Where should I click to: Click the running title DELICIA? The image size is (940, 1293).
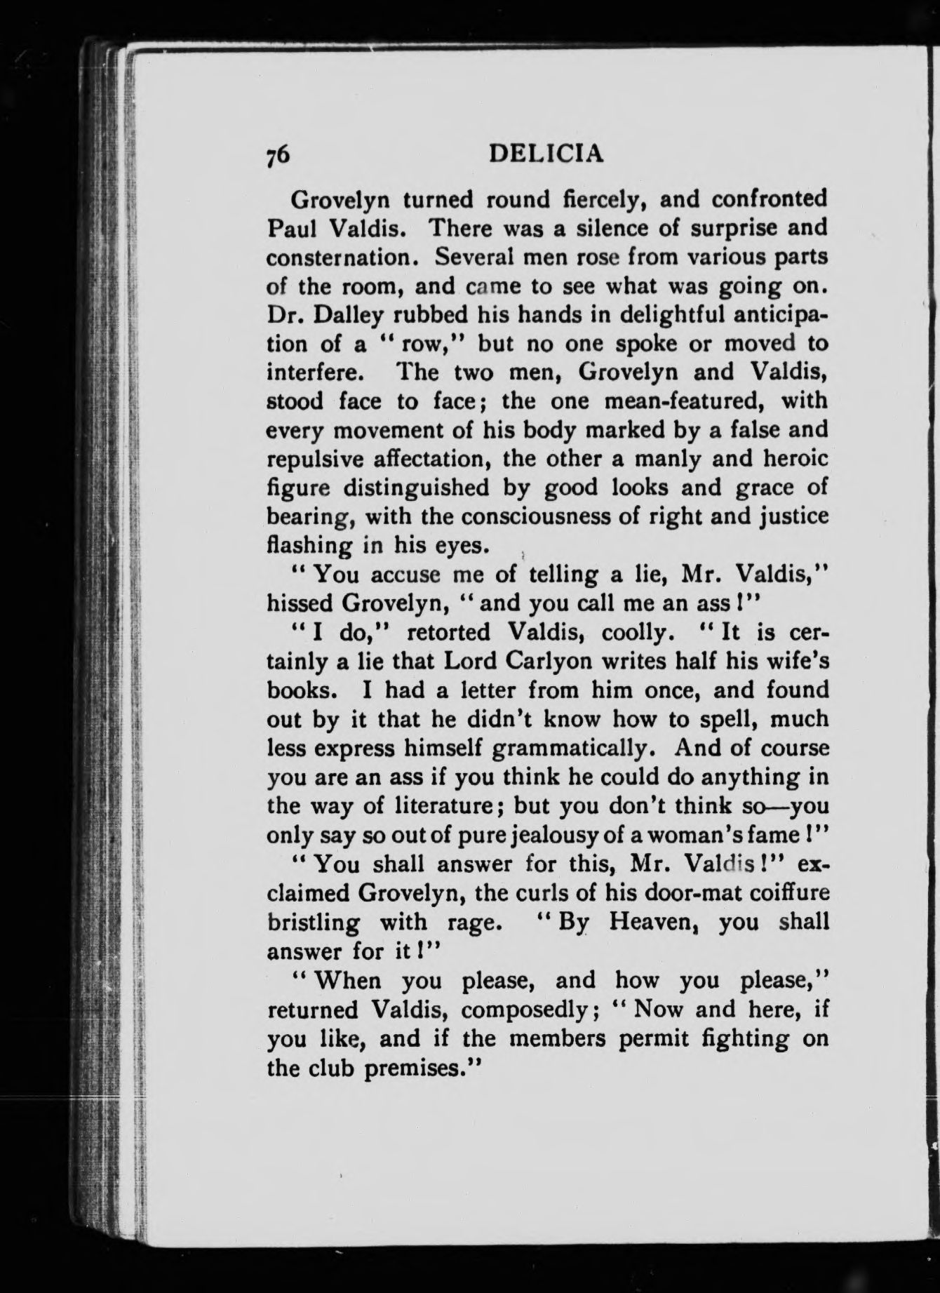coord(546,154)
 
